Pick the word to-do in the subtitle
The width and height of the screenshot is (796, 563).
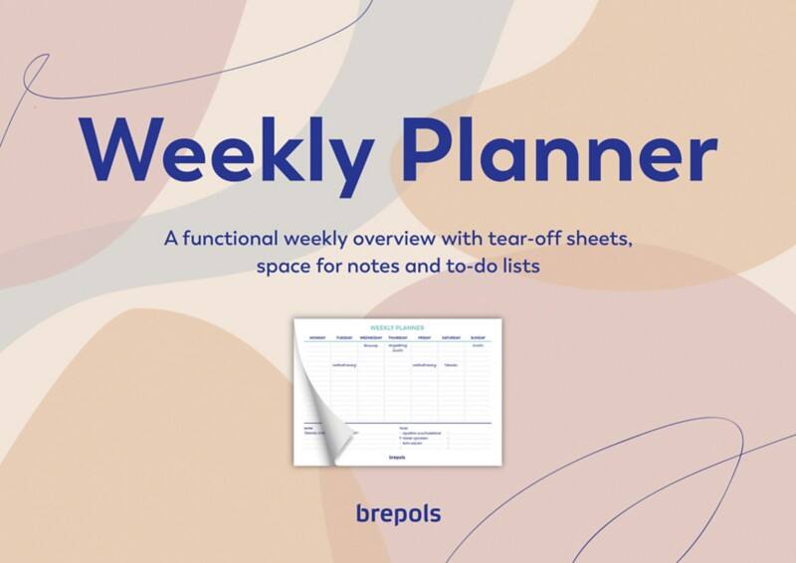coord(479,268)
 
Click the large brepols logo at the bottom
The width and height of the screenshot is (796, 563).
coord(398,513)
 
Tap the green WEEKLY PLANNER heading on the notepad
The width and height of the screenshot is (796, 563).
coord(397,327)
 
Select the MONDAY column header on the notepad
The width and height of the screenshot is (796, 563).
coord(317,337)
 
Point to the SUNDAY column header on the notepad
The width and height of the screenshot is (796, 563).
coord(478,337)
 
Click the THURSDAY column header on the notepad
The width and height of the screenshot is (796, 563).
coord(398,337)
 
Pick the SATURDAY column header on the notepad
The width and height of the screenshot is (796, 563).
coord(451,337)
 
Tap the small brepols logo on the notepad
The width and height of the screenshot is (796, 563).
coord(397,458)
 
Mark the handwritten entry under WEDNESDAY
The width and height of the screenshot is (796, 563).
coord(370,346)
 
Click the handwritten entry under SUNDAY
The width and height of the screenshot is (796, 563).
coord(478,346)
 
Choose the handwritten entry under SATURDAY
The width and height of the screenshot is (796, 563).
coord(451,365)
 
